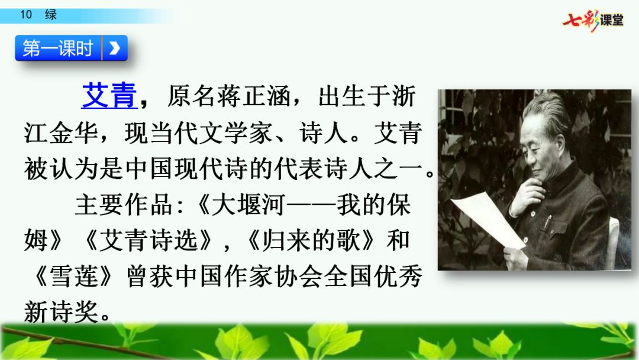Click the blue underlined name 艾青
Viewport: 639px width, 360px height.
[x=109, y=96]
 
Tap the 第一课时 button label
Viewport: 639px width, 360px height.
[x=58, y=48]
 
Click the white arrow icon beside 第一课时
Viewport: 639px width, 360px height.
[x=115, y=48]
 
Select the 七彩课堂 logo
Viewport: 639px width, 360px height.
[x=593, y=20]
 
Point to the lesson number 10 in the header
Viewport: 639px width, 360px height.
[x=26, y=15]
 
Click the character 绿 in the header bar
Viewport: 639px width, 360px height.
[x=51, y=15]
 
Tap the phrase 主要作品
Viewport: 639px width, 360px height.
[x=124, y=205]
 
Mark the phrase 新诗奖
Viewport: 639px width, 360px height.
[x=61, y=312]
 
